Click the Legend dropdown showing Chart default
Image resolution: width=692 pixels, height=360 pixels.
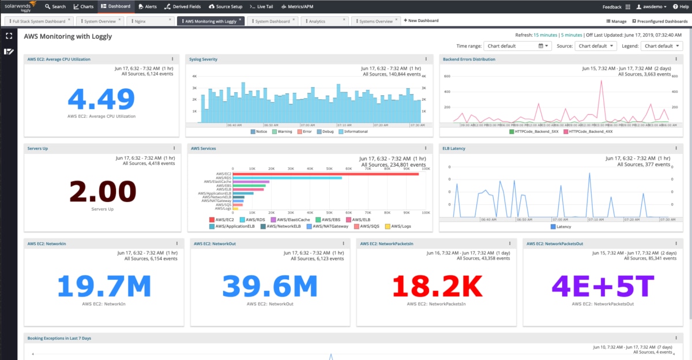(x=662, y=46)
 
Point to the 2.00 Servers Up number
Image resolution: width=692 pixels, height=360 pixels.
(x=102, y=192)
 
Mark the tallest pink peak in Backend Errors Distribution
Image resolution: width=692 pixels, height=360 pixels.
(x=601, y=81)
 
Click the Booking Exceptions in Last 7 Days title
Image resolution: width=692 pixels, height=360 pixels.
(x=59, y=337)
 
